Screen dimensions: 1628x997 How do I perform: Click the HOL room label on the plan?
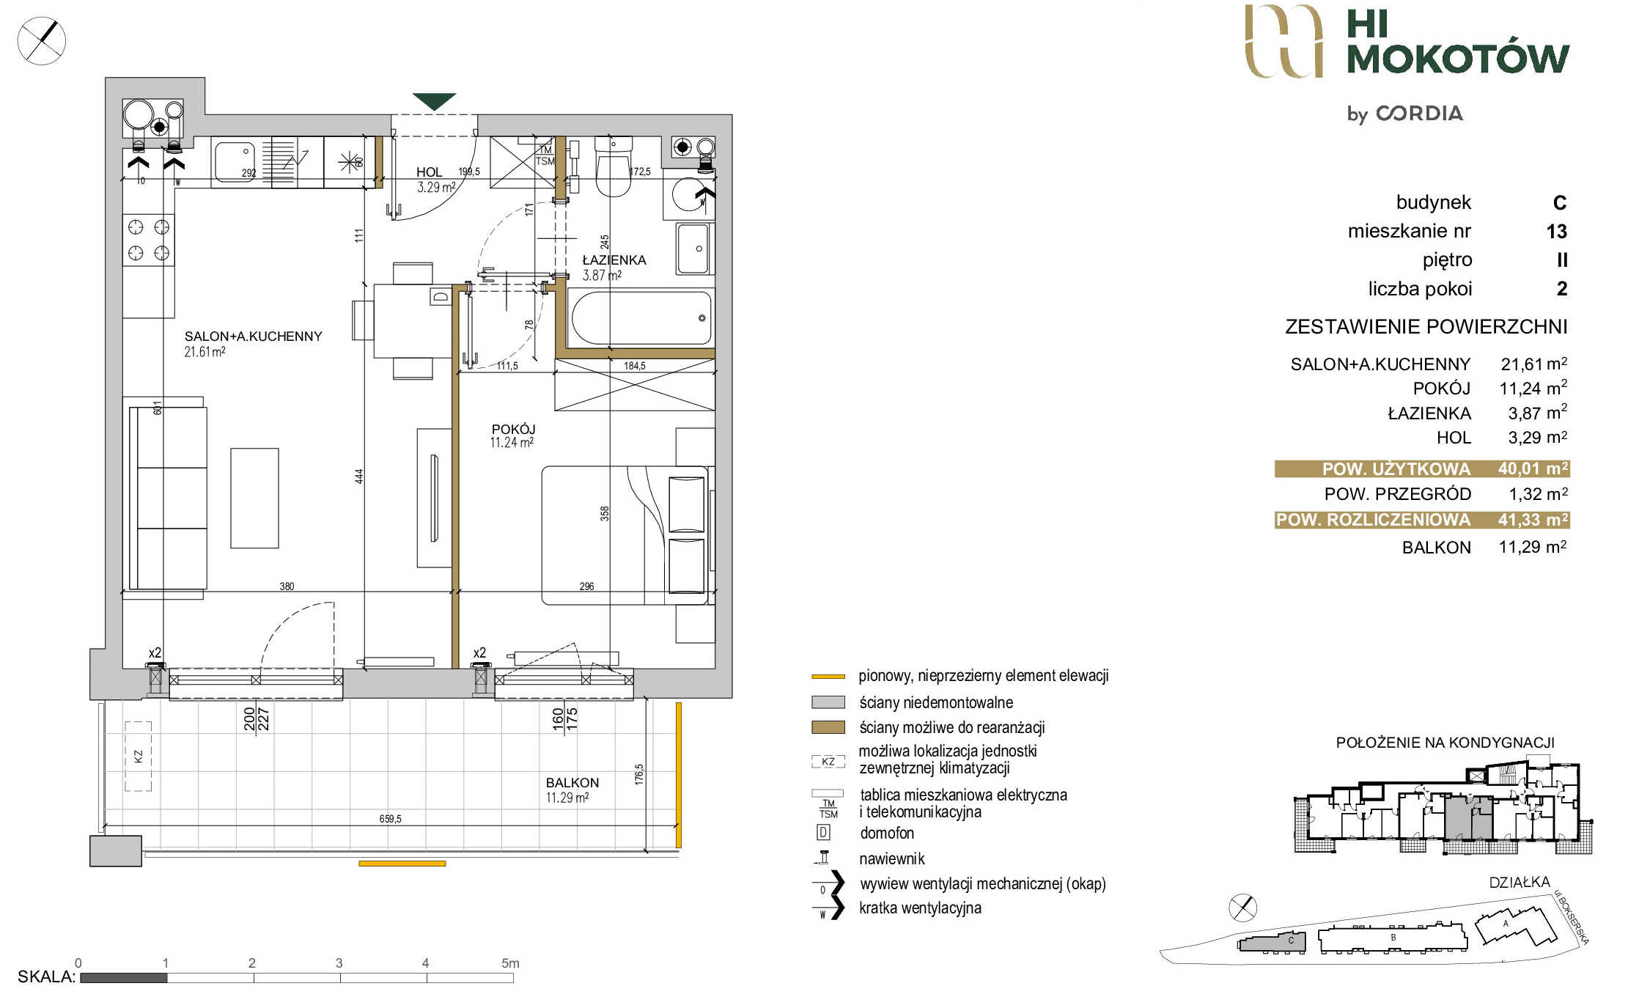[x=429, y=172]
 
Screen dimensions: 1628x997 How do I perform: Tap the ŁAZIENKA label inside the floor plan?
[x=614, y=260]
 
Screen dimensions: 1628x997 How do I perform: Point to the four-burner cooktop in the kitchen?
[x=149, y=240]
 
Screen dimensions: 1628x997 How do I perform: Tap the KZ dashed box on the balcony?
[x=138, y=756]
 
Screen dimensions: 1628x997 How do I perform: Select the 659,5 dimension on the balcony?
[x=390, y=819]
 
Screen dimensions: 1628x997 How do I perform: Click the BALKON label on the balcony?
[x=572, y=783]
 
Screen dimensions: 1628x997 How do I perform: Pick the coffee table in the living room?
[x=254, y=498]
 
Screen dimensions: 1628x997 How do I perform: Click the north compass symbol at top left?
[x=42, y=41]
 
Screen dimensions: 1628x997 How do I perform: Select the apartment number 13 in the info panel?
[x=1557, y=232]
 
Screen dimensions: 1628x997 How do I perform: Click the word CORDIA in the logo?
[x=1420, y=114]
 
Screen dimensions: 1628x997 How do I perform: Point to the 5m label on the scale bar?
[x=510, y=963]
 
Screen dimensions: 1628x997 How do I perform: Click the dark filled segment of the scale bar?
[x=124, y=977]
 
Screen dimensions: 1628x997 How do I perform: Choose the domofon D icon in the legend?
[x=823, y=833]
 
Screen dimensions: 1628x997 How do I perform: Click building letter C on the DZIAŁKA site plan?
[x=1291, y=941]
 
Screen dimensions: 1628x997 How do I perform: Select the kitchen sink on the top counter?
[x=234, y=161]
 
